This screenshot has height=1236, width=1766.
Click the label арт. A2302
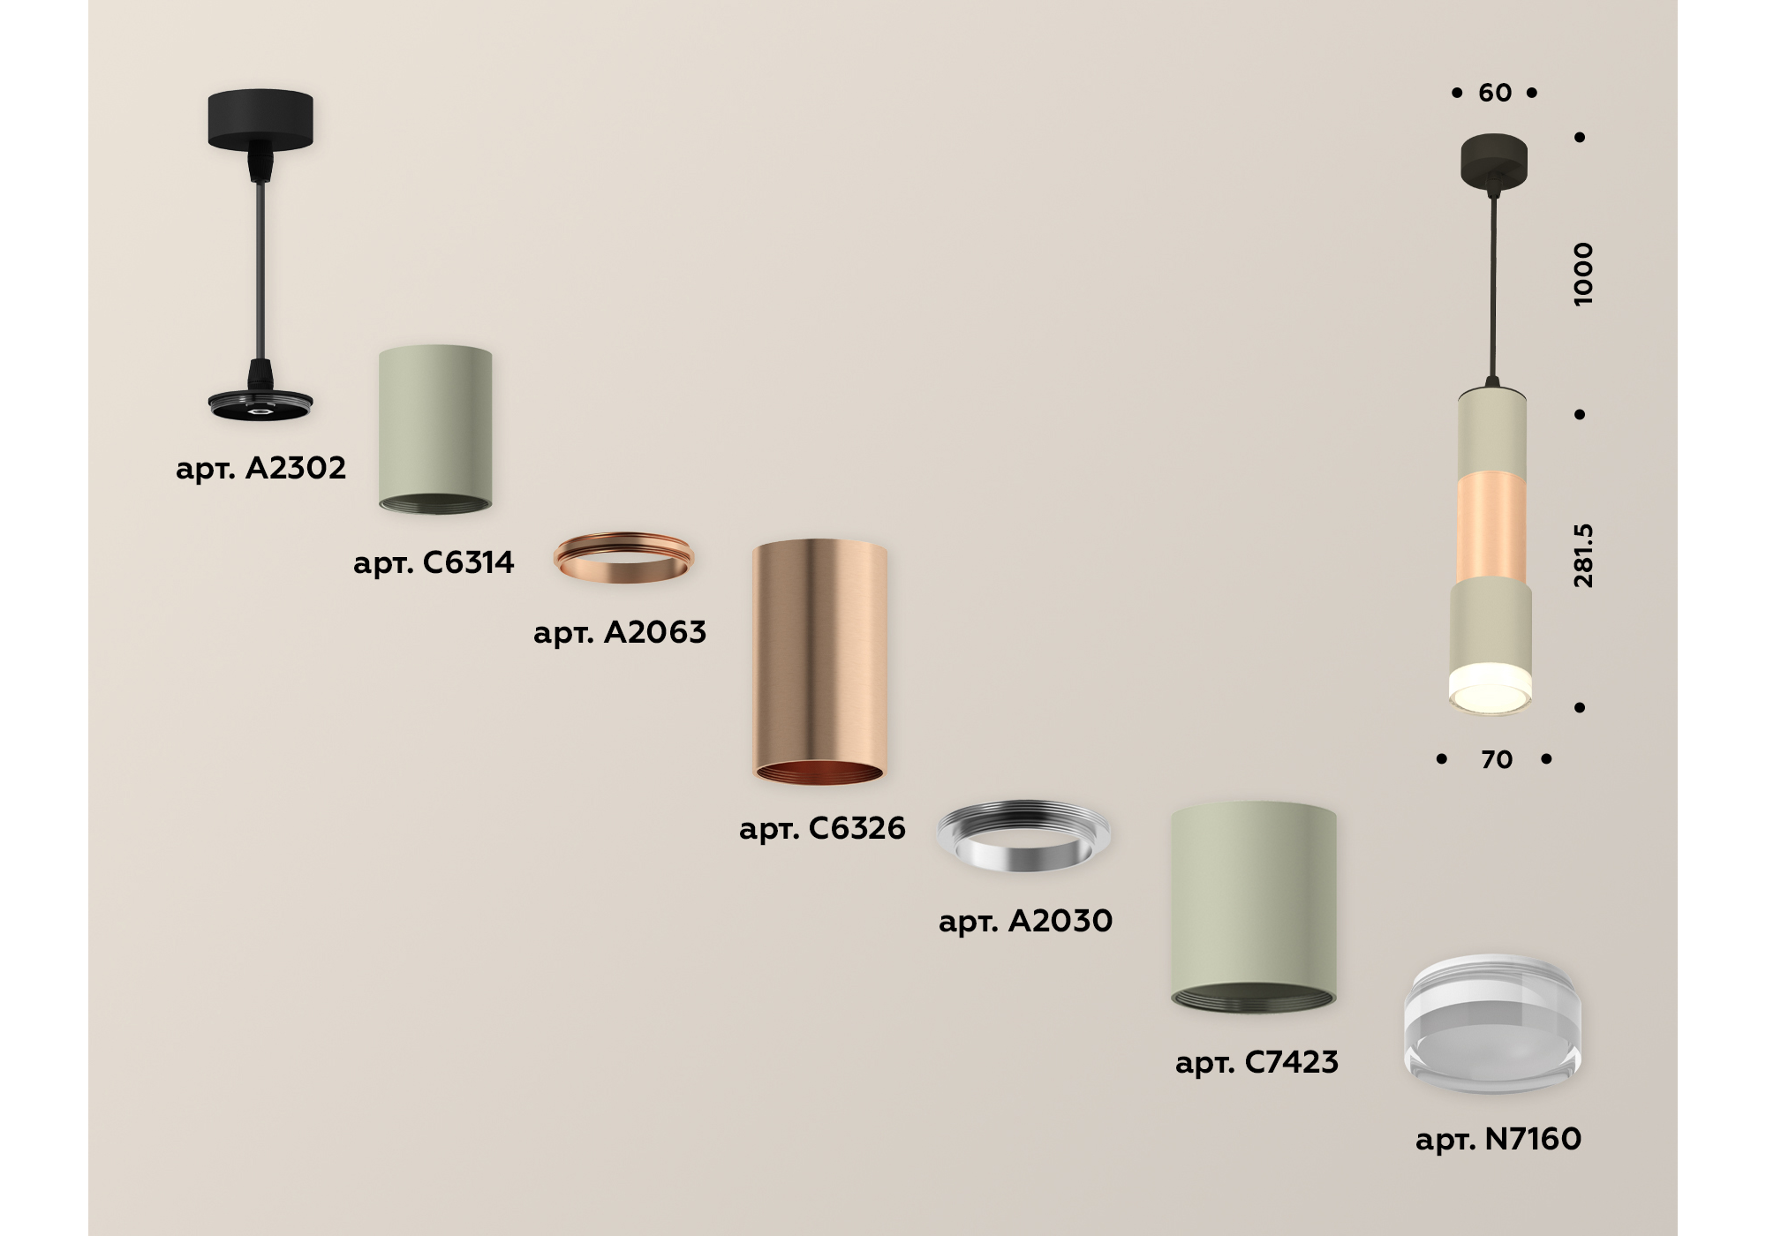[260, 468]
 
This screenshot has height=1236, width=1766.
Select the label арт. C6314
[434, 562]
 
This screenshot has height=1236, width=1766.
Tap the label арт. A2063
[620, 632]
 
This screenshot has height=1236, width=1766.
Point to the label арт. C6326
[822, 828]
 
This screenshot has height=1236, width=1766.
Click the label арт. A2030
[1025, 921]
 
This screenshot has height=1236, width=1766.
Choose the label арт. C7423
[1257, 1062]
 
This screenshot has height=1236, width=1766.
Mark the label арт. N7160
[1498, 1139]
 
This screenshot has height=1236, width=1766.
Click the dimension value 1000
[1583, 274]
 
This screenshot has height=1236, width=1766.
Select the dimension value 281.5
[1583, 555]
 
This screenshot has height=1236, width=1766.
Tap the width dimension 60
[1495, 93]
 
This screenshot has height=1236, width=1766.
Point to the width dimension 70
[1497, 759]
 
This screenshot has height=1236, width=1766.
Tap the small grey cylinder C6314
[435, 429]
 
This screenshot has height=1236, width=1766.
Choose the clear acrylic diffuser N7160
[1492, 1023]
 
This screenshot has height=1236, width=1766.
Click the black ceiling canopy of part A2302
[260, 119]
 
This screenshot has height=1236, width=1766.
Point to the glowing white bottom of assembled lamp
[1490, 689]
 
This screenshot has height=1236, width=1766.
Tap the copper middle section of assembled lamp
[1491, 528]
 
